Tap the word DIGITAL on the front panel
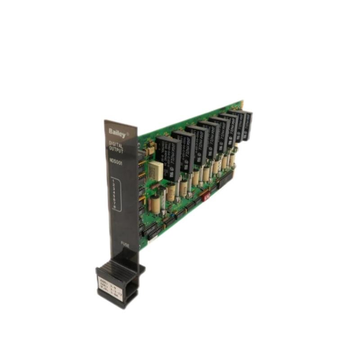click(x=115, y=145)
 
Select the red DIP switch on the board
click(x=207, y=196)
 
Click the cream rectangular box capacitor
click(x=157, y=169)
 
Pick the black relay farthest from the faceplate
click(x=247, y=124)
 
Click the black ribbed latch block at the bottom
click(x=119, y=279)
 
